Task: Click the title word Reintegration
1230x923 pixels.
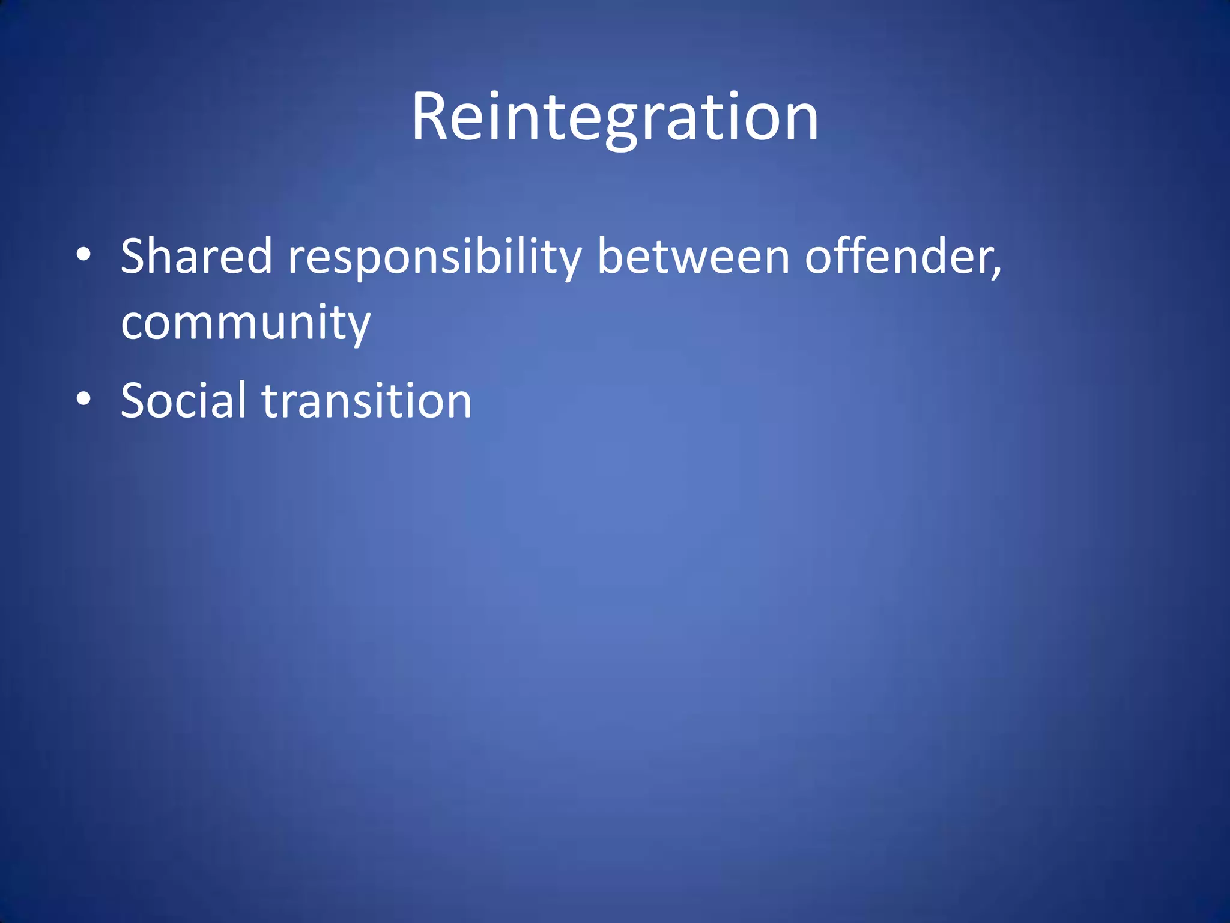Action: [x=614, y=117]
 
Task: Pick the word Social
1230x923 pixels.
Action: [x=183, y=400]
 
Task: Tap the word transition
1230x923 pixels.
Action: [x=367, y=400]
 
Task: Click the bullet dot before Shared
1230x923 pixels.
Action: [x=84, y=255]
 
